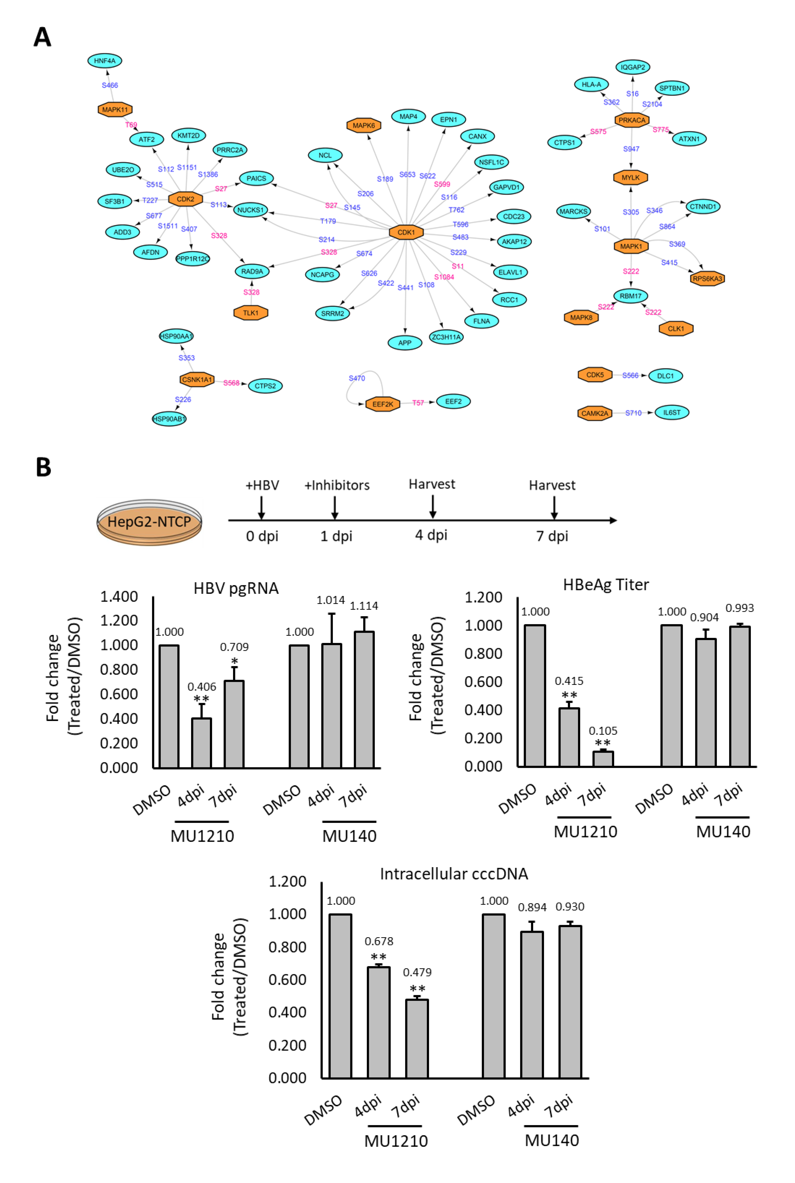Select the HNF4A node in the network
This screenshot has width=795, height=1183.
105,61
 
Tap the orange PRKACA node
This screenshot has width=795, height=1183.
632,120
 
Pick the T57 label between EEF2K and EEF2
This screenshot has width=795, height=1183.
418,403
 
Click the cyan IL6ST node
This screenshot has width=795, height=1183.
672,412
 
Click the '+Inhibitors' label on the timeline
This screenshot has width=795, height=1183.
337,485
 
